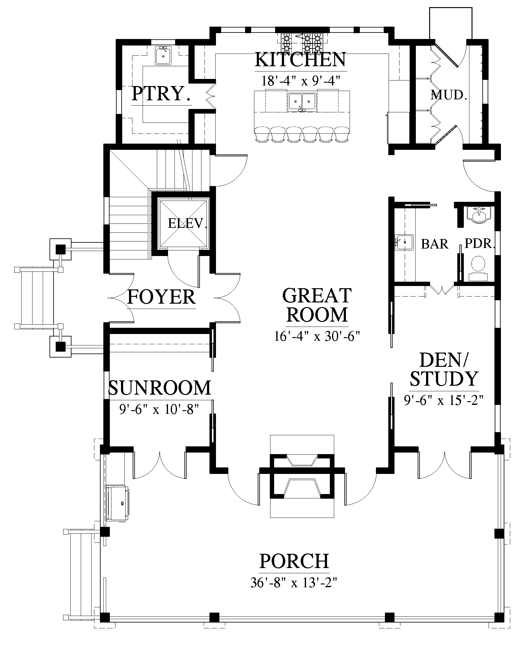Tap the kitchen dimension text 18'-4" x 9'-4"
click(x=301, y=81)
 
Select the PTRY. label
click(x=161, y=93)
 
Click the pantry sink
click(x=163, y=55)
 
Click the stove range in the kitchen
click(x=302, y=43)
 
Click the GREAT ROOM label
click(x=317, y=305)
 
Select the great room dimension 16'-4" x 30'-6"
click(x=317, y=336)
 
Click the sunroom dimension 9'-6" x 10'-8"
click(x=159, y=410)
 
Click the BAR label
click(x=435, y=244)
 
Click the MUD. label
click(x=448, y=95)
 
